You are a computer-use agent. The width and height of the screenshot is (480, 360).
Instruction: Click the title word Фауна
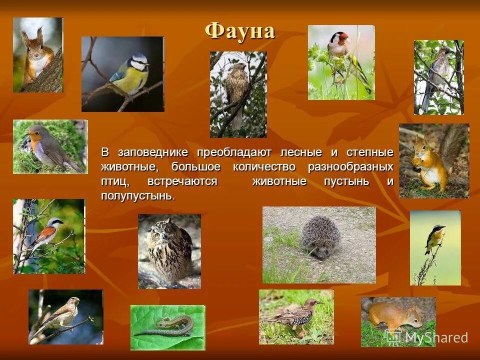coord(239,31)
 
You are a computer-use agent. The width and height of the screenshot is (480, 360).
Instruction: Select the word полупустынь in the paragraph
coord(137,195)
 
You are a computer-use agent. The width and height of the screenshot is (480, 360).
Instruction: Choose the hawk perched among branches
coord(237,92)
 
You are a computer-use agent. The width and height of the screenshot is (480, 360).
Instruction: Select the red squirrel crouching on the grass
coord(395,317)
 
